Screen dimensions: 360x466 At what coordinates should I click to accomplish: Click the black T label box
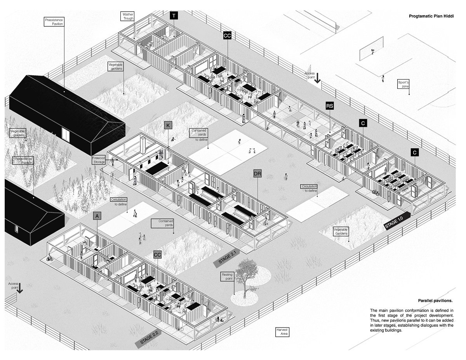point(174,16)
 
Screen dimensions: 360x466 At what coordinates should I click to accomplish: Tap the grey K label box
point(168,125)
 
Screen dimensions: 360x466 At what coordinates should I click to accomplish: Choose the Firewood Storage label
point(99,160)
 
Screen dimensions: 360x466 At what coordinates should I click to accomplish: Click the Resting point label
point(227,277)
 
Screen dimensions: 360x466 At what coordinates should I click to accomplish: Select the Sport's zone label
point(403,84)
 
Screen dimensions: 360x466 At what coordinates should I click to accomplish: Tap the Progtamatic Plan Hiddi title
point(431,17)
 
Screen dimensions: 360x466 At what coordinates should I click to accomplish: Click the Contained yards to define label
point(198,135)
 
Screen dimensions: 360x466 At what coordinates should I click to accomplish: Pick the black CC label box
point(227,36)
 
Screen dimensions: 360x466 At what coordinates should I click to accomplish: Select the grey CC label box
point(157,255)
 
